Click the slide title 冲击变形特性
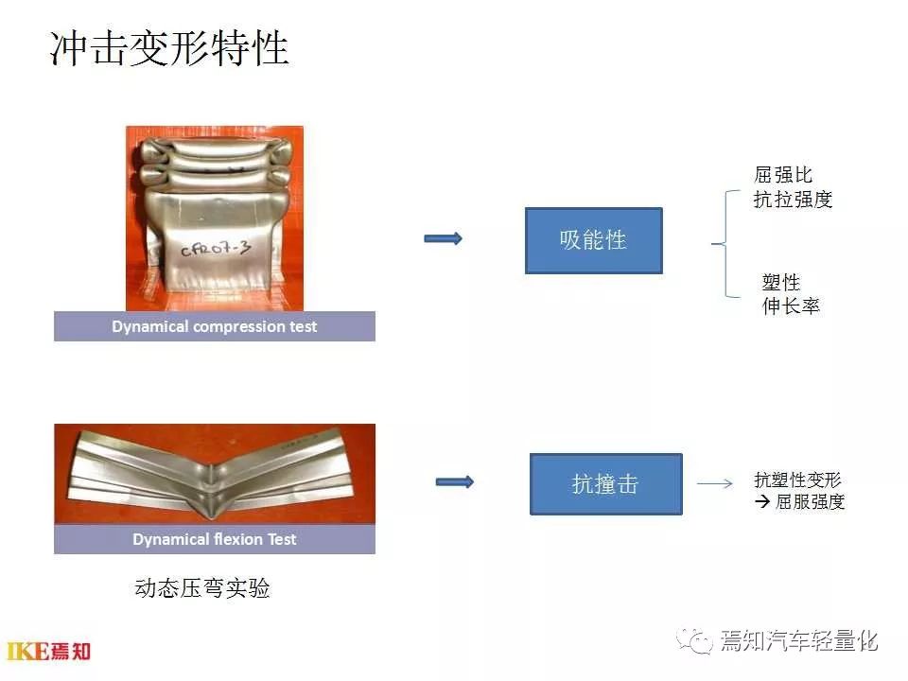point(168,47)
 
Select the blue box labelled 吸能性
point(593,240)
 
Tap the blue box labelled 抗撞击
point(605,484)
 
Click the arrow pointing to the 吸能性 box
point(443,238)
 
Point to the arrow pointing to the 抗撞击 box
point(454,482)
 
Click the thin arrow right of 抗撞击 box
point(715,484)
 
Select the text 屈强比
point(782,175)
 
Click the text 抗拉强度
point(793,200)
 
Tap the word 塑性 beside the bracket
point(781,282)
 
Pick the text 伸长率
point(791,306)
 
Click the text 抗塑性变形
point(797,479)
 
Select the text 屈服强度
point(810,502)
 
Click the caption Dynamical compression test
point(214,326)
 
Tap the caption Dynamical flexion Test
point(214,539)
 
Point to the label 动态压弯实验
point(202,588)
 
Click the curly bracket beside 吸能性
point(725,244)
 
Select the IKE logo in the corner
point(48,651)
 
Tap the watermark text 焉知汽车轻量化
point(798,641)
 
